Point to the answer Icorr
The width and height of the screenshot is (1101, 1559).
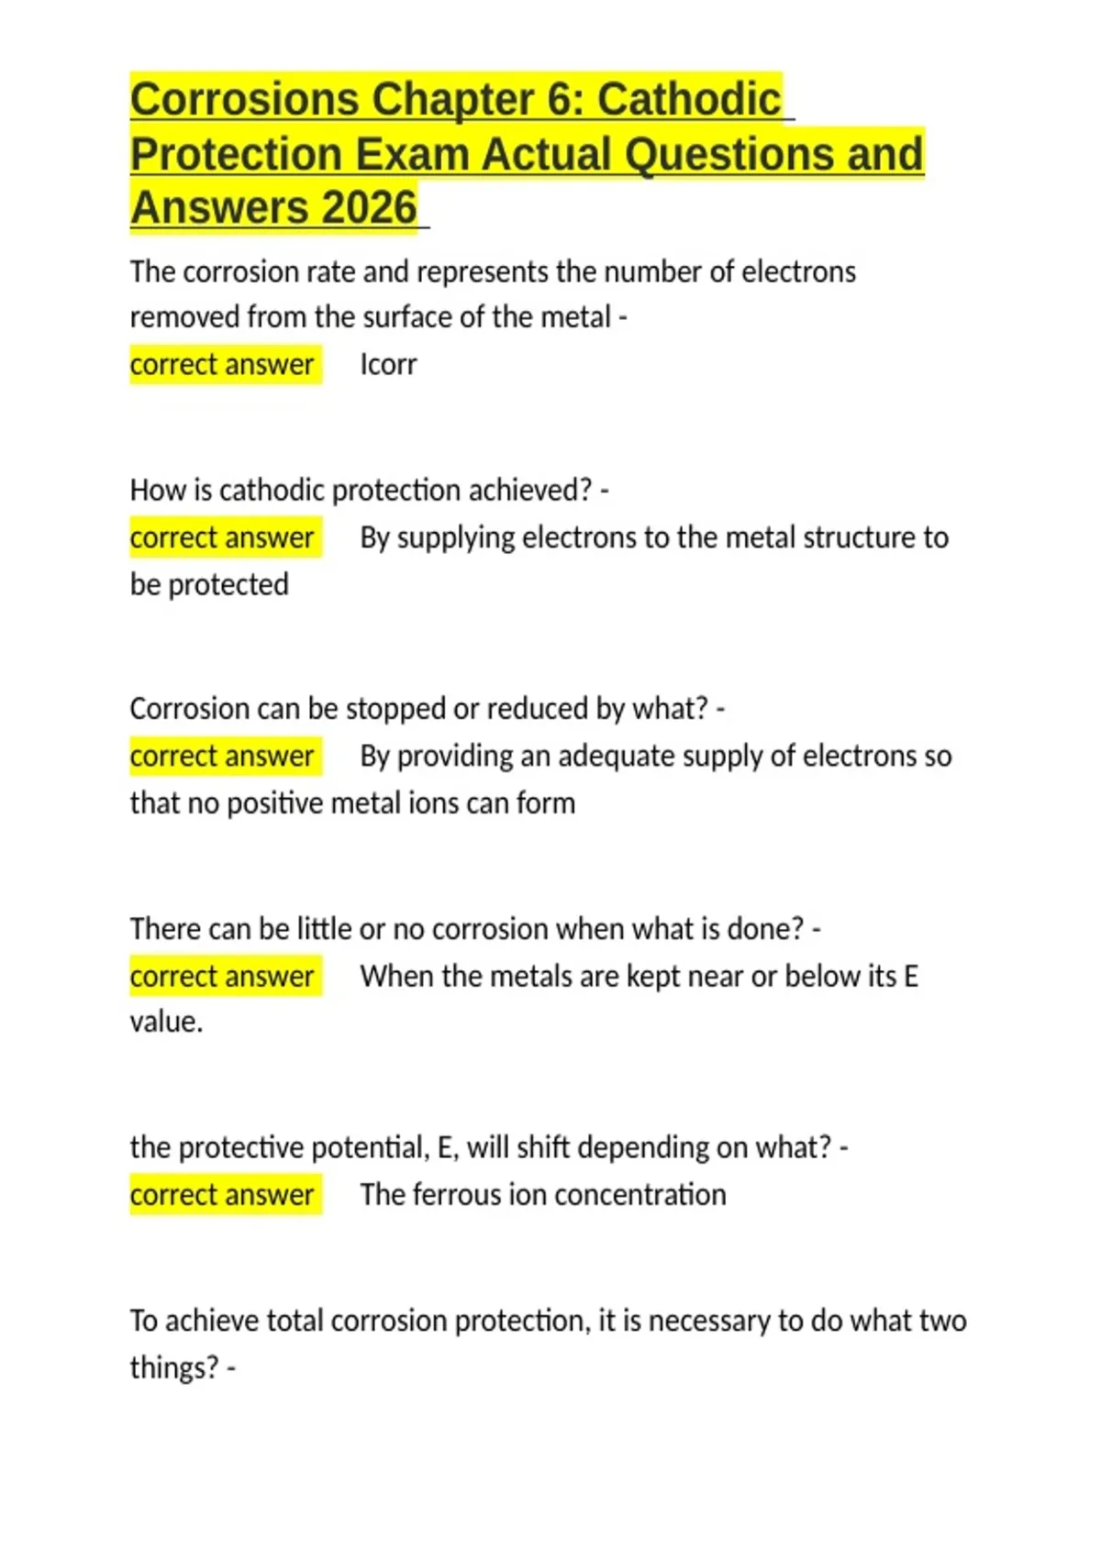388,365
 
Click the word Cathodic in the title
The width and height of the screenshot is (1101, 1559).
689,100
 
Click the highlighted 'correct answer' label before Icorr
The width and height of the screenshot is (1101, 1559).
222,365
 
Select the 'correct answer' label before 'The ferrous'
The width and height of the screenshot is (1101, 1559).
222,1195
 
